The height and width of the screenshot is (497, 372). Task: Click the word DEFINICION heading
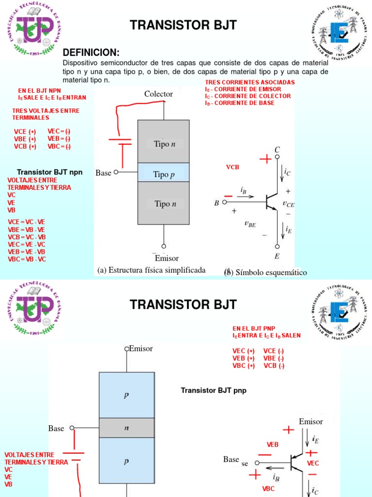[91, 52]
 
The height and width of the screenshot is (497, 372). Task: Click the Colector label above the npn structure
[158, 94]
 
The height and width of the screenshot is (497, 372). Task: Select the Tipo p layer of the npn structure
[164, 174]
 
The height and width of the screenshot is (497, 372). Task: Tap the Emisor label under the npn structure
[167, 258]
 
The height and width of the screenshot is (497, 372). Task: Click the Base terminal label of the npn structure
[103, 173]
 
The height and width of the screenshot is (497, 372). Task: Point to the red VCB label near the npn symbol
[233, 167]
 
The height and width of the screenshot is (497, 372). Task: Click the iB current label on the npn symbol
[243, 191]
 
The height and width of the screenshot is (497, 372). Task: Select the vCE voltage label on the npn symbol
[288, 205]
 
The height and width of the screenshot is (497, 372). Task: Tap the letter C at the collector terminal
[277, 149]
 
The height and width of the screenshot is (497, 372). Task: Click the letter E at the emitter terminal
[277, 256]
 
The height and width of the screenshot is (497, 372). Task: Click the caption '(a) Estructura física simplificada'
[151, 270]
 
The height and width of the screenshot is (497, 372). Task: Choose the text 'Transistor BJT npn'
[50, 172]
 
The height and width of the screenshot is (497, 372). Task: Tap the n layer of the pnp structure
[126, 428]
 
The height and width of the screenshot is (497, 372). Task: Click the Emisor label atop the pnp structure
[141, 348]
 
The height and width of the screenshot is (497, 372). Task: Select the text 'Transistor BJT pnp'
[214, 390]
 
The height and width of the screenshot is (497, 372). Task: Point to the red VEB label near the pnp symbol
[273, 444]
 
